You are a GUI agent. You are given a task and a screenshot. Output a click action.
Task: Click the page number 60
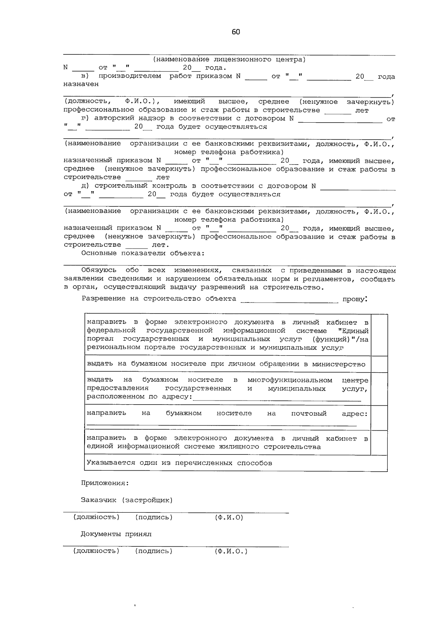pyautogui.click(x=236, y=32)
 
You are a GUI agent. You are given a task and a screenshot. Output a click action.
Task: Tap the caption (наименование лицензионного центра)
pyautogui.click(x=229, y=59)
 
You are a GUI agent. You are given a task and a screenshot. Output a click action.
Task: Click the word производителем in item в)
pyautogui.click(x=130, y=76)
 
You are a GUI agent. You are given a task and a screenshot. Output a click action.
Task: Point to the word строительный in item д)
pyautogui.click(x=114, y=186)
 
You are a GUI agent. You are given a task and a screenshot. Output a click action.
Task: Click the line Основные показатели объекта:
pyautogui.click(x=143, y=253)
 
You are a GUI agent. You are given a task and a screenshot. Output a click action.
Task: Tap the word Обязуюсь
pyautogui.click(x=99, y=270)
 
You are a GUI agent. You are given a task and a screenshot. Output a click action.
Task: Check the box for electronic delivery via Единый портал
pyautogui.click(x=379, y=334)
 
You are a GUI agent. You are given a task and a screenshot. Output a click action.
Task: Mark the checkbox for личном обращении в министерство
pyautogui.click(x=379, y=364)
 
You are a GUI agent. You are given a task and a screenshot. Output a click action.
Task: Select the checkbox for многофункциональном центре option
pyautogui.click(x=379, y=388)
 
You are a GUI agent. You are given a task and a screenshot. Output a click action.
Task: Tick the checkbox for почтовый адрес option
pyautogui.click(x=379, y=417)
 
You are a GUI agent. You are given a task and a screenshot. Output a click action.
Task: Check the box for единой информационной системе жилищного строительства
pyautogui.click(x=379, y=442)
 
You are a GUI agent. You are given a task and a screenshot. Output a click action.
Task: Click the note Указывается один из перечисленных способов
pyautogui.click(x=179, y=463)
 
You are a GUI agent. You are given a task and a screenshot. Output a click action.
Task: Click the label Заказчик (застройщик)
pyautogui.click(x=127, y=500)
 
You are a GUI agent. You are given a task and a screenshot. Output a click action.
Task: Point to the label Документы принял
pyautogui.click(x=116, y=534)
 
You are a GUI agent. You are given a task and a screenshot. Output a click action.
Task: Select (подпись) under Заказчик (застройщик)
pyautogui.click(x=154, y=517)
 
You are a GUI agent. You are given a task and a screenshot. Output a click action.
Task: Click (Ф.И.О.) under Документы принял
pyautogui.click(x=231, y=551)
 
